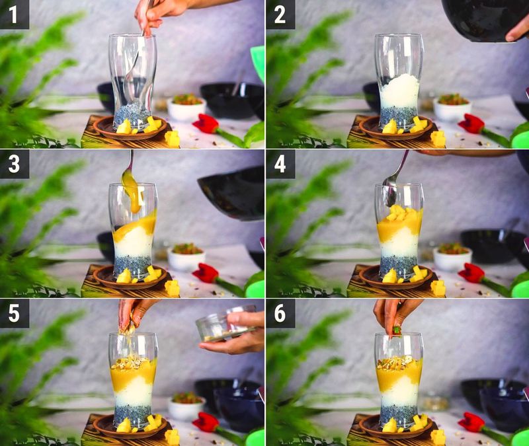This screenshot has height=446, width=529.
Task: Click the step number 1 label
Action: tap(14, 15)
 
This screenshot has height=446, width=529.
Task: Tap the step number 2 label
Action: tap(280, 15)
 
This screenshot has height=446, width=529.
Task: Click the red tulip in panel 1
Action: tap(206, 123)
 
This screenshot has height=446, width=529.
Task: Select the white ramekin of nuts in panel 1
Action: tap(186, 107)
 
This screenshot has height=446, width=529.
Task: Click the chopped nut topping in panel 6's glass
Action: tap(398, 362)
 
